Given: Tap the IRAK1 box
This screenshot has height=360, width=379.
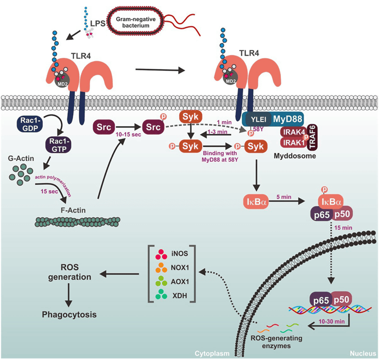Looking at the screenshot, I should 292,143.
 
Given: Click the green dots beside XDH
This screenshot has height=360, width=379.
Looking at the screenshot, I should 162,295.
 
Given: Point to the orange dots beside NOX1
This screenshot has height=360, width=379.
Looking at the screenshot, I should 162,267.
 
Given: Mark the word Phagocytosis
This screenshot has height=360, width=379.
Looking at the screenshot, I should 68,315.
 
